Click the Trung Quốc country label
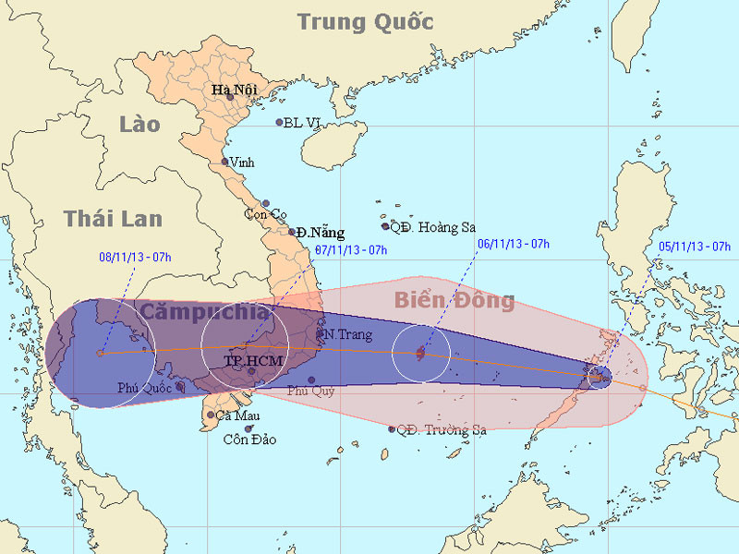[x=366, y=21]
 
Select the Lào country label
[x=139, y=124]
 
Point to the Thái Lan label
[x=113, y=219]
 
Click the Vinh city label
[x=242, y=163]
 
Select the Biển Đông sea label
[x=454, y=300]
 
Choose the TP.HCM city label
[x=251, y=359]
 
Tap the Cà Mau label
[x=236, y=415]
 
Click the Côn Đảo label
[x=249, y=440]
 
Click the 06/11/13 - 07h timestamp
[x=513, y=244]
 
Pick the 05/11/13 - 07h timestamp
[x=695, y=247]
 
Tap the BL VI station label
[x=305, y=123]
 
